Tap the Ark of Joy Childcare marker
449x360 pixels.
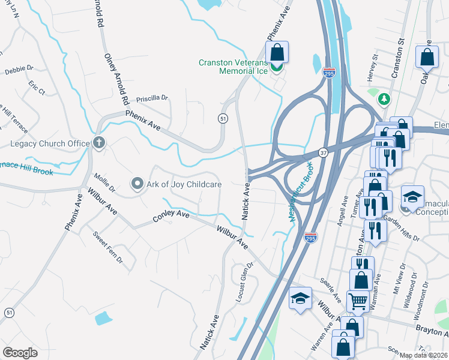[137, 184]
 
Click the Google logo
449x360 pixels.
[20, 352]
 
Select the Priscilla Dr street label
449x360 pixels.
[152, 98]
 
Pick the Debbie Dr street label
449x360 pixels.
[19, 70]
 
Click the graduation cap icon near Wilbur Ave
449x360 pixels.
[300, 298]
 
